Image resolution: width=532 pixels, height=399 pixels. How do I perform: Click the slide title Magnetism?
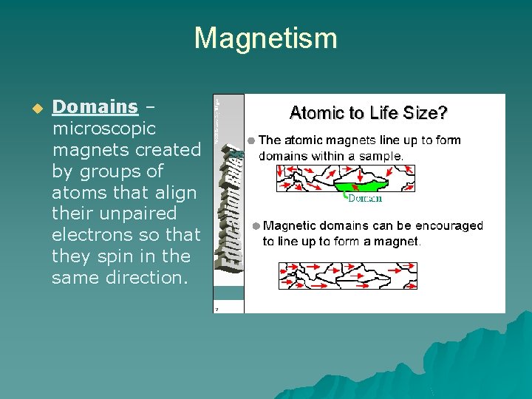point(265,38)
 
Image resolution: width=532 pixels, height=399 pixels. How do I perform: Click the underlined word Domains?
point(95,107)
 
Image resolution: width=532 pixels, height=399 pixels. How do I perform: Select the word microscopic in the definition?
point(104,129)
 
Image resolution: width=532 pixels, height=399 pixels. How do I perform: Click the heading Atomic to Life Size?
point(368,113)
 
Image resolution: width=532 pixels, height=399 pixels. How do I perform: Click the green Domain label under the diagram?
point(365,199)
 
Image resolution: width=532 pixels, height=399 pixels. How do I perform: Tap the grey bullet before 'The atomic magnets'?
point(251,140)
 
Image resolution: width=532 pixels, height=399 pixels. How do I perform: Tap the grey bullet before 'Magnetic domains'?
point(256,226)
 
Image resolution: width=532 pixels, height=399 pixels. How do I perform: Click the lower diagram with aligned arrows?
point(347,276)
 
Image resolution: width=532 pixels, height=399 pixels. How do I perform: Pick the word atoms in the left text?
point(75,192)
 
